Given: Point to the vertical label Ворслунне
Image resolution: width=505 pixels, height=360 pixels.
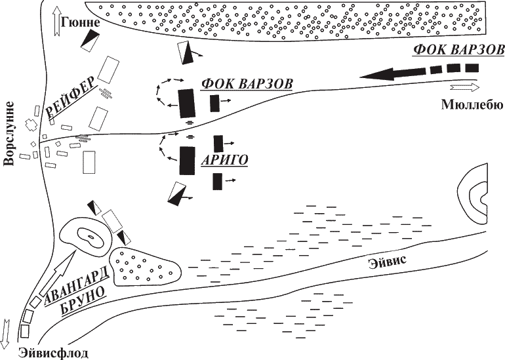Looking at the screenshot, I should [9, 134].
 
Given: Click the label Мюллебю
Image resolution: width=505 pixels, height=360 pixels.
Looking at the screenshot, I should [471, 103].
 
